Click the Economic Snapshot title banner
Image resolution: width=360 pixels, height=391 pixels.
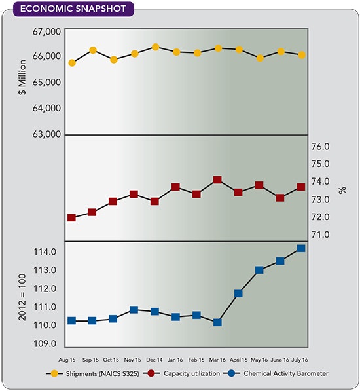coord(68,10)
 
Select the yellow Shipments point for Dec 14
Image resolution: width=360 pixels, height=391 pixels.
coord(155,47)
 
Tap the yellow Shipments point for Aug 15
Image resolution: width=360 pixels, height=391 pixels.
coord(72,63)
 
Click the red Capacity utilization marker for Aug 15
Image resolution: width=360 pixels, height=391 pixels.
coord(72,217)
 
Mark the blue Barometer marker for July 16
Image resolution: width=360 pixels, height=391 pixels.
coord(301,248)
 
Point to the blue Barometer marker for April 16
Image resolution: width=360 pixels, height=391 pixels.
coord(238,293)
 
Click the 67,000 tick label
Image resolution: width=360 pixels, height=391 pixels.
coord(46,31)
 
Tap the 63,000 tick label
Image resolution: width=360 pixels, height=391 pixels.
coord(46,134)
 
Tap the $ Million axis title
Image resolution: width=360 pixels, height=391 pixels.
coord(20,75)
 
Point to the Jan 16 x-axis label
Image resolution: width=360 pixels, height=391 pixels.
coord(175,359)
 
